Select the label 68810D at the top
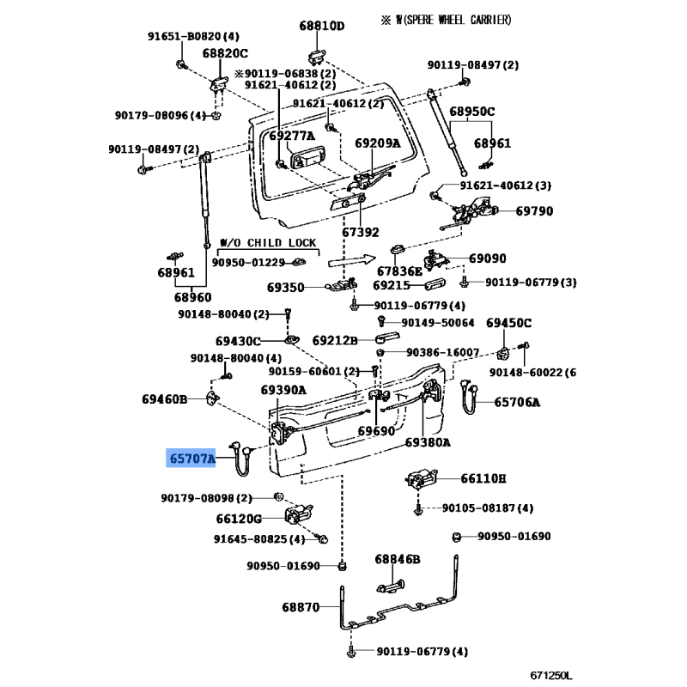pos(321,26)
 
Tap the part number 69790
pos(534,211)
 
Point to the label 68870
pos(300,607)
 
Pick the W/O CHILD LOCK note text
pos(268,243)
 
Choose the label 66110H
pos(483,478)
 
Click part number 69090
pos(487,258)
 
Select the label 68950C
pos(472,112)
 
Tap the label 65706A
pos(518,402)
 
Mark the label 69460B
pos(164,398)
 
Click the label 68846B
pos(397,559)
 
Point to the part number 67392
pos(360,232)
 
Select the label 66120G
pos(239,519)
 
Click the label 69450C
pos(509,322)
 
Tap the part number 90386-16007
pos(442,352)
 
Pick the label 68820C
pos(225,53)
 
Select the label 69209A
pos(378,143)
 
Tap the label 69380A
pos(428,443)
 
